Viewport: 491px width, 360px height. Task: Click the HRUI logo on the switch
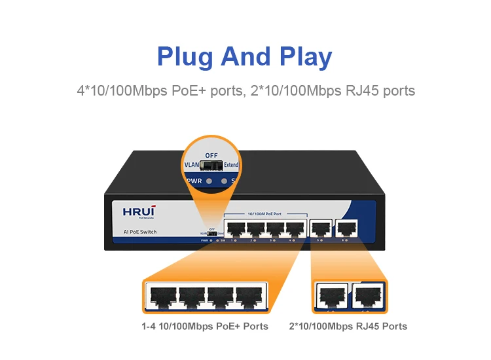(x=137, y=211)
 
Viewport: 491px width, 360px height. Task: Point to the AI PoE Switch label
(x=140, y=232)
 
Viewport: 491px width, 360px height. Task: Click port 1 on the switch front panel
(x=234, y=228)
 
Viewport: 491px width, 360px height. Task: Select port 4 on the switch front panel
(x=295, y=228)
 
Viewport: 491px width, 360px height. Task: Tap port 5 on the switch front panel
(x=321, y=228)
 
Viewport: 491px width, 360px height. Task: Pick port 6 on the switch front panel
(x=344, y=228)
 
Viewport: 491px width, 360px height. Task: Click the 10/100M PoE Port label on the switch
(x=264, y=215)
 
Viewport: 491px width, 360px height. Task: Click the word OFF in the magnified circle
(x=211, y=155)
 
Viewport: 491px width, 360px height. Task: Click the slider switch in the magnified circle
(x=211, y=166)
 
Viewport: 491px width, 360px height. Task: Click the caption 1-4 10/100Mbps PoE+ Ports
(x=204, y=326)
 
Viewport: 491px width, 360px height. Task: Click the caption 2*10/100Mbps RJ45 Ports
(x=348, y=326)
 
